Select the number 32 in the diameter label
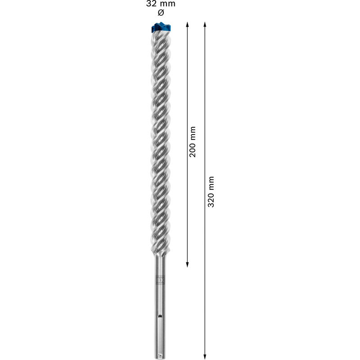(x=152, y=4)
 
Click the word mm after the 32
(x=167, y=4)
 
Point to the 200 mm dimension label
(x=193, y=141)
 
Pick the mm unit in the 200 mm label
(x=193, y=132)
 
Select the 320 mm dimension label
(x=211, y=191)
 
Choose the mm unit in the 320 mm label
(x=211, y=182)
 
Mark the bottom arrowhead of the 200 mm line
(x=187, y=265)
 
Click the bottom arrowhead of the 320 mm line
(x=205, y=355)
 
